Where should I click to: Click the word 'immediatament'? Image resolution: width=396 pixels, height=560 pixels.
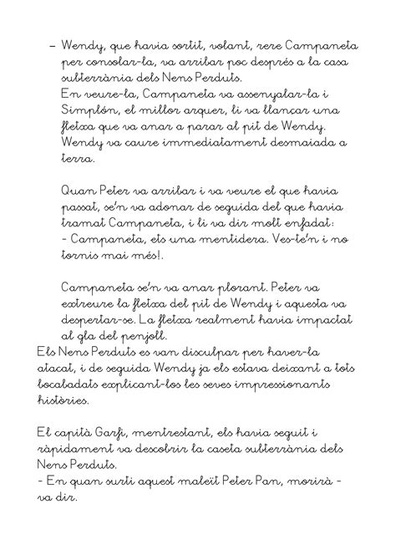(x=182, y=143)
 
